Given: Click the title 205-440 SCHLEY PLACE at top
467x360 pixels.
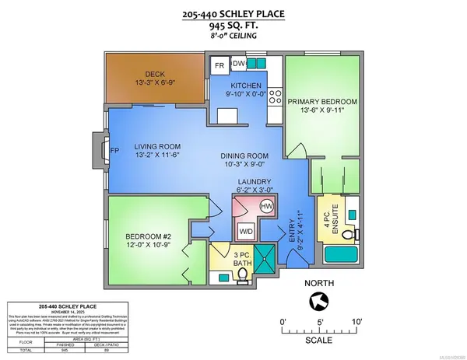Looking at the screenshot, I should coord(232,12).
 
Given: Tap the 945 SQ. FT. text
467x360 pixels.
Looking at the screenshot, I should coord(232,25).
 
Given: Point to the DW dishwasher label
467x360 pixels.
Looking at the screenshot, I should coord(241,64).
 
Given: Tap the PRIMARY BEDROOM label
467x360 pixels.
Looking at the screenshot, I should coord(321,102).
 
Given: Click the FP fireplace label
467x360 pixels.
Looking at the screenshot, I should coord(114,151).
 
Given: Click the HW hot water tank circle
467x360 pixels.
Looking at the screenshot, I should coord(265,206).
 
